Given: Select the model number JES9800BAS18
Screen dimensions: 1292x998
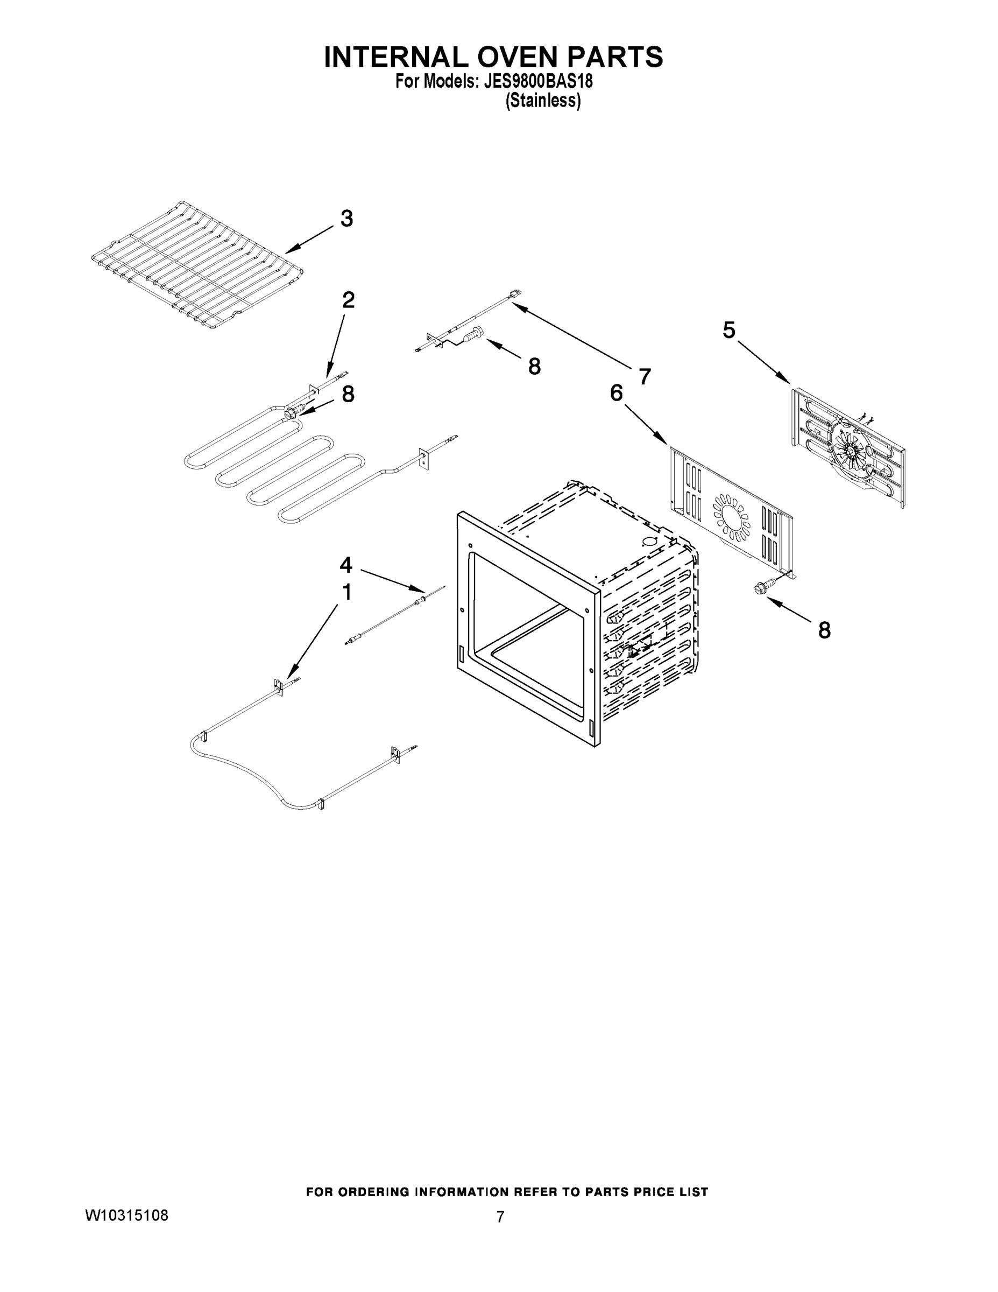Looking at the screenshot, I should coord(538,81).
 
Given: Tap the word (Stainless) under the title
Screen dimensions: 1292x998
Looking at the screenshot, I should coord(543,101).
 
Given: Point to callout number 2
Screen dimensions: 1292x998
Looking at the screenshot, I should coord(348,300).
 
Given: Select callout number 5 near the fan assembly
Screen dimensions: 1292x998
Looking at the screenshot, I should coord(729,330).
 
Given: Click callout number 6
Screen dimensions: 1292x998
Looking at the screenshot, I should coord(617,392).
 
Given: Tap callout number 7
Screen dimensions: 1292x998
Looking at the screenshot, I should coord(645,376).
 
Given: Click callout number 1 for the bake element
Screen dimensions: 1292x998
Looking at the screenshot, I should coord(347,592).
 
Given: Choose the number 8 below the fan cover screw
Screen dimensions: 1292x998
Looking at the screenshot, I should coord(824,630).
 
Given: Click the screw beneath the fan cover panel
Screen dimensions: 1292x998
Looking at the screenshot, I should coord(761,587).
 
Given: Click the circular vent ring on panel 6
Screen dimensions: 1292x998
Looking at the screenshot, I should coord(731,516).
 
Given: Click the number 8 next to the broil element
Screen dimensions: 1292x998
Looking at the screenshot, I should coord(348,394).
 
